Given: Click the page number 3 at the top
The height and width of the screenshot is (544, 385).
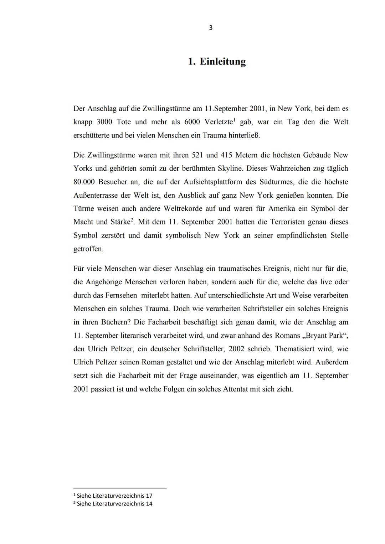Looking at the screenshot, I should (x=211, y=28).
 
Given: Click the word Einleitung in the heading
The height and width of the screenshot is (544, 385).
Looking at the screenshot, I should (x=222, y=62).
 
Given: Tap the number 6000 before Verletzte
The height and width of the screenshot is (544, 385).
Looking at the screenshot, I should (x=192, y=122).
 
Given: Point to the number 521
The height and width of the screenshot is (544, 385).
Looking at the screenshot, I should (x=198, y=155).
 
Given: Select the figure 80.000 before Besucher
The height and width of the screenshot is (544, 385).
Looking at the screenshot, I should (x=84, y=182).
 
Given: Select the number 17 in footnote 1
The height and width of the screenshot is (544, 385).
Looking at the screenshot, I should (x=149, y=496).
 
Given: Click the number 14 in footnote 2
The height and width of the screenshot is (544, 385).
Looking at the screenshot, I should (x=149, y=504).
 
